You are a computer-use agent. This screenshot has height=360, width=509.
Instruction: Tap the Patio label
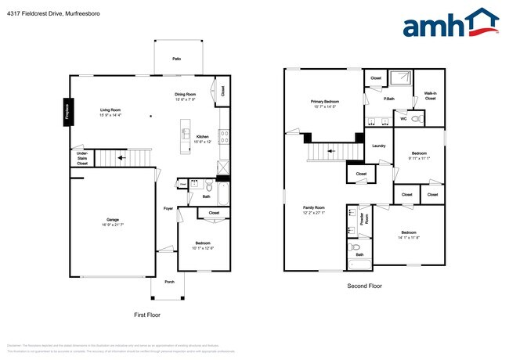(177, 59)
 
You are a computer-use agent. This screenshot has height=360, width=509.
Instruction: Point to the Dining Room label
(186, 97)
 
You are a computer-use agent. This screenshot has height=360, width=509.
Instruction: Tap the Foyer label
(168, 208)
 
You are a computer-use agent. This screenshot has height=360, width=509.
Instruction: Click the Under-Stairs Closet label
(82, 159)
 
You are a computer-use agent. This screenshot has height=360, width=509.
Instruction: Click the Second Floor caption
(365, 286)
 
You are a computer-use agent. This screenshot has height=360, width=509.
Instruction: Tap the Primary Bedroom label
(325, 103)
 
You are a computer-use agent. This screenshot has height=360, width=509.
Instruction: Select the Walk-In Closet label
(430, 96)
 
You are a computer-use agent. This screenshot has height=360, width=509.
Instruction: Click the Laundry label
(379, 146)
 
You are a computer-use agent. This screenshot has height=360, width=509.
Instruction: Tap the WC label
(404, 119)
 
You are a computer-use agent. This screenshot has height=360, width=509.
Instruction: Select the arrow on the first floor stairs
(121, 157)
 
